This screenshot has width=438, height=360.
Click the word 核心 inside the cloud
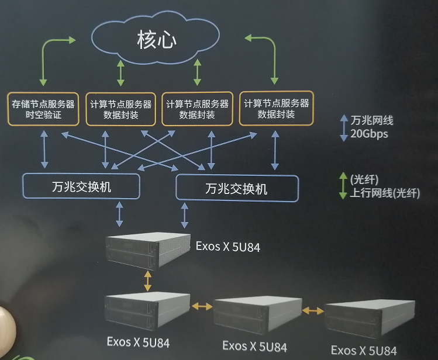[157, 40]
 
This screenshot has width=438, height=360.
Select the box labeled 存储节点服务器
[43, 109]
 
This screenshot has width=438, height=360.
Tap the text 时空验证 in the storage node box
[43, 116]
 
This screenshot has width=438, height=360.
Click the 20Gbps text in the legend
[369, 134]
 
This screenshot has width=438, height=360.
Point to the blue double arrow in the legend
[344, 127]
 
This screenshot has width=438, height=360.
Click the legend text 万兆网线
[372, 121]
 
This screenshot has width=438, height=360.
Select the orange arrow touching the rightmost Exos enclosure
[313, 311]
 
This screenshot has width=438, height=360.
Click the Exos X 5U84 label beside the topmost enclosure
[228, 247]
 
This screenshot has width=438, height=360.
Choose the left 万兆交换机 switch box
[81, 188]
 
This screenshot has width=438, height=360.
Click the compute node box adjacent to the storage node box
[121, 109]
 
